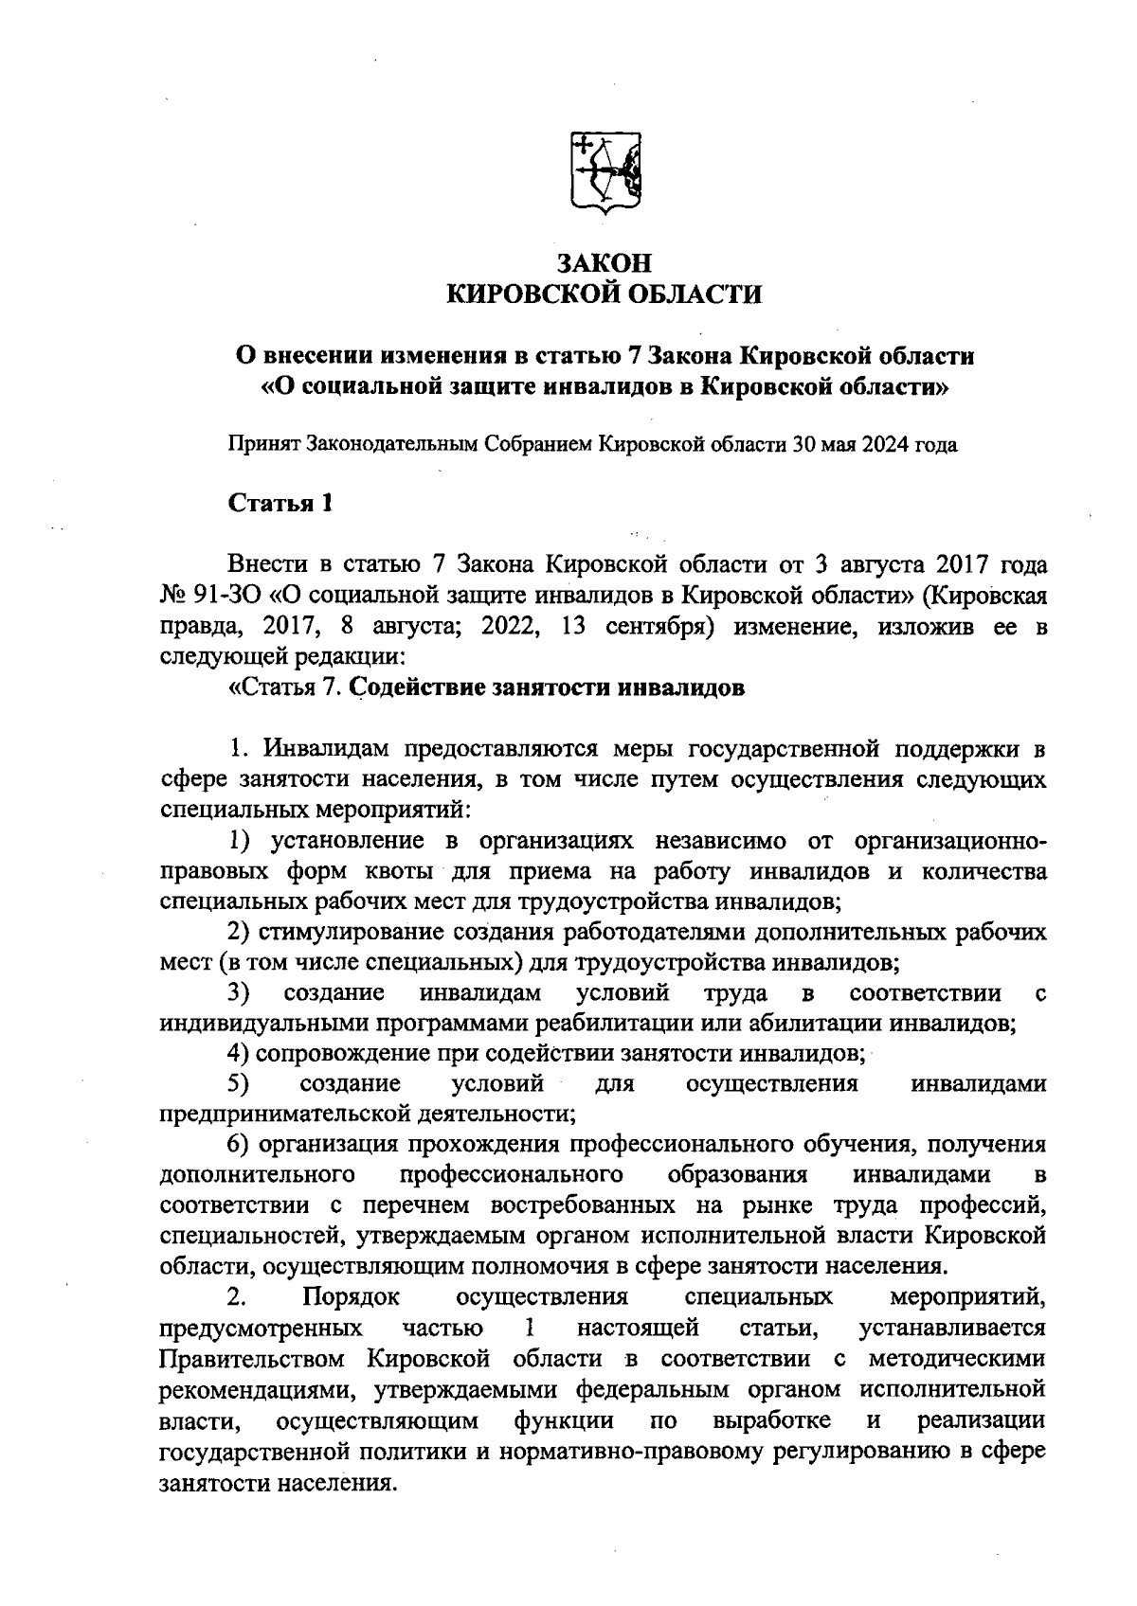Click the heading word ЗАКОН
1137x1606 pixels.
[604, 263]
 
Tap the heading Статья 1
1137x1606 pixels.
[280, 503]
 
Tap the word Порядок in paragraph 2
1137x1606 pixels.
[352, 1295]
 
